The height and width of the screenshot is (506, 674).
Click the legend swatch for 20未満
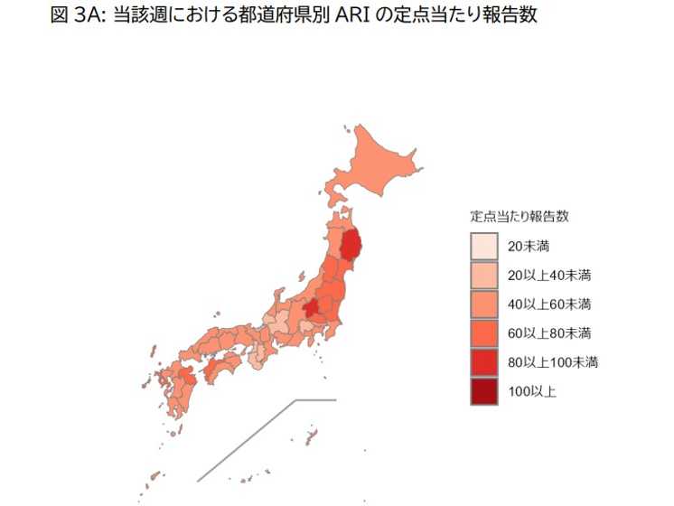[484, 246]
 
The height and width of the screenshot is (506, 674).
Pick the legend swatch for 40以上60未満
[484, 304]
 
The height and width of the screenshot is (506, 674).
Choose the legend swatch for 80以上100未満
[484, 362]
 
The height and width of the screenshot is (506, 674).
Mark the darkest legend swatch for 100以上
[484, 391]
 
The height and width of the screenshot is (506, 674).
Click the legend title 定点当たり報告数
[519, 217]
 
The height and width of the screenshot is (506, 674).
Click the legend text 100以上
[532, 391]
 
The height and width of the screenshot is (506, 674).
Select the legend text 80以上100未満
[553, 362]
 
